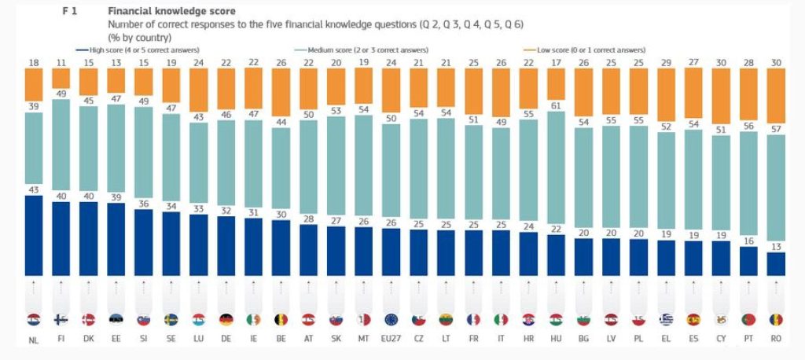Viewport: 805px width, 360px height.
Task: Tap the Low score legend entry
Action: (x=568, y=50)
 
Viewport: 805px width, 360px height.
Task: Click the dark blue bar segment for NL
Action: (x=33, y=236)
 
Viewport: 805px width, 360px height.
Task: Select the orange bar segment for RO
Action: (x=776, y=101)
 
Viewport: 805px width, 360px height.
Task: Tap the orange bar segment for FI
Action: (x=61, y=78)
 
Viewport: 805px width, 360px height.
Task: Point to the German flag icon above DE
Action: (x=226, y=320)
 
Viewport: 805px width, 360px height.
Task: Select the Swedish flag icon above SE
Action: (x=171, y=320)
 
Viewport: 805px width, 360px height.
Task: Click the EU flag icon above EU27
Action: (x=391, y=320)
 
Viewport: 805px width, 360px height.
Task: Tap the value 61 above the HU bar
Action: (x=556, y=106)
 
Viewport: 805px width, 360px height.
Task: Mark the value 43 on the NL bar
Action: (x=33, y=189)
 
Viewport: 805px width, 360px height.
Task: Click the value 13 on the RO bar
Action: (x=776, y=247)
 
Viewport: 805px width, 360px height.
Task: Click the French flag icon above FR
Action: (x=473, y=320)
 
